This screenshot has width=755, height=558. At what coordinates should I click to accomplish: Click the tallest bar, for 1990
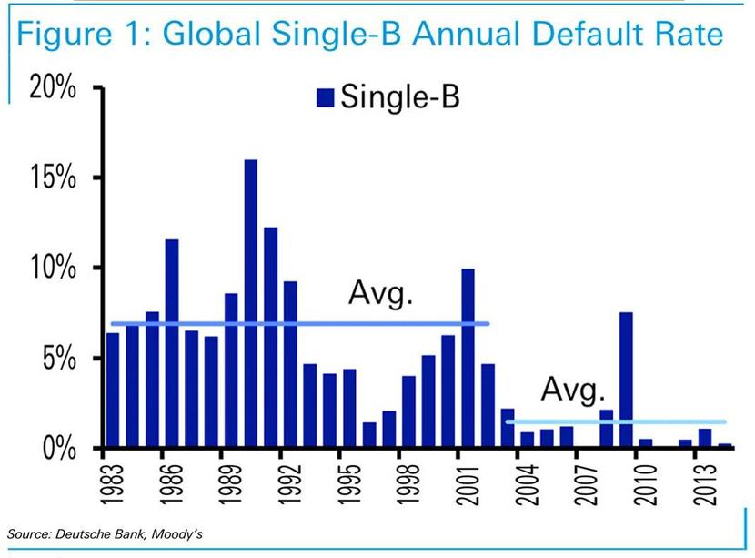pos(251,303)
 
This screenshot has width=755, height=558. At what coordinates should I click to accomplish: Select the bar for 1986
pos(172,343)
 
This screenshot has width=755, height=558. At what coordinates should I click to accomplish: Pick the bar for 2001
pos(468,358)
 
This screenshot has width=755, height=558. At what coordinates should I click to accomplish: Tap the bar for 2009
pos(626,380)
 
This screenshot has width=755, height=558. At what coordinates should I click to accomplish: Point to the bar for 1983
pos(113,391)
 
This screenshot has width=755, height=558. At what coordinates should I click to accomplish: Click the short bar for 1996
pos(369,434)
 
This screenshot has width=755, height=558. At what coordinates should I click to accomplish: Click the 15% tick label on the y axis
pos(53,178)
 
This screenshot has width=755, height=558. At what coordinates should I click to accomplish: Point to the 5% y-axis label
pos(59,358)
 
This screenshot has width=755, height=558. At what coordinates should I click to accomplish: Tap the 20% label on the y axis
pos(53,87)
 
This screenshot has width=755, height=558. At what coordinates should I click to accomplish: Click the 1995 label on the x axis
pos(348,485)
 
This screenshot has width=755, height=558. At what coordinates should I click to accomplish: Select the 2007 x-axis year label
pos(586,485)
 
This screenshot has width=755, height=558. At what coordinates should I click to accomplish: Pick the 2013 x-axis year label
pos(704,485)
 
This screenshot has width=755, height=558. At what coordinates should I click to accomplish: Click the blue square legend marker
pos(325,97)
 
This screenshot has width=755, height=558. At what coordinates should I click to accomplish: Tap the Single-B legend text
pos(400,96)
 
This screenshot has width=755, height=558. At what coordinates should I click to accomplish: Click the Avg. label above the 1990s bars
pos(380,293)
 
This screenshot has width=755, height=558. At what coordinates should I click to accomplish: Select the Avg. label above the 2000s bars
pos(572,390)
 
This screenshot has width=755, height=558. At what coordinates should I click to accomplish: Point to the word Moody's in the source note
pos(177,534)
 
